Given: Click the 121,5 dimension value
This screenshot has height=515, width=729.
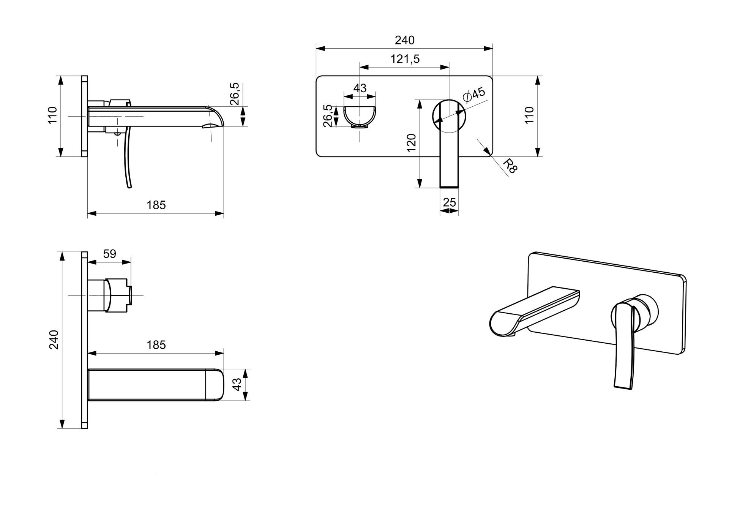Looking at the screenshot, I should (x=405, y=59).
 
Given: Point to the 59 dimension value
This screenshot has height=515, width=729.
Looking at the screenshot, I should (x=109, y=254).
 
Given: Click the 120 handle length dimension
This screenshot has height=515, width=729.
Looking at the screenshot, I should (x=412, y=143).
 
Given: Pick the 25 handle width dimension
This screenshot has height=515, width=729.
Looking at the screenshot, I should (x=449, y=202).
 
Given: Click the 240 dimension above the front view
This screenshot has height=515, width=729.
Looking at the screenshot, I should (x=404, y=40).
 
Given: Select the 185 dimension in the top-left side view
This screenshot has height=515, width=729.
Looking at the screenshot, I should (x=156, y=205).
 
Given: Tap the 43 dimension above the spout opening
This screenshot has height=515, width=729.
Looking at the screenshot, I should (x=360, y=88).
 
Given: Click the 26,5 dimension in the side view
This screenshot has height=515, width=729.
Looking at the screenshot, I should (x=234, y=93).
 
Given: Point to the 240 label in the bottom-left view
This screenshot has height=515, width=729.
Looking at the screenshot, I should (x=54, y=340).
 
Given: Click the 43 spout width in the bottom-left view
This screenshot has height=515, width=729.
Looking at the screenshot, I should (x=237, y=384).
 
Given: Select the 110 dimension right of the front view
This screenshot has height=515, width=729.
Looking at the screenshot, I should (x=529, y=115).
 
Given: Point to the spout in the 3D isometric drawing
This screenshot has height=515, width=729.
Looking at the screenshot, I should (x=532, y=311).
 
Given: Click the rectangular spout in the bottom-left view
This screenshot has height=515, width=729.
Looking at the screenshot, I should (x=156, y=384).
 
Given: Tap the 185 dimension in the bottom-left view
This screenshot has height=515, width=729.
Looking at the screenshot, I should (x=156, y=345).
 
